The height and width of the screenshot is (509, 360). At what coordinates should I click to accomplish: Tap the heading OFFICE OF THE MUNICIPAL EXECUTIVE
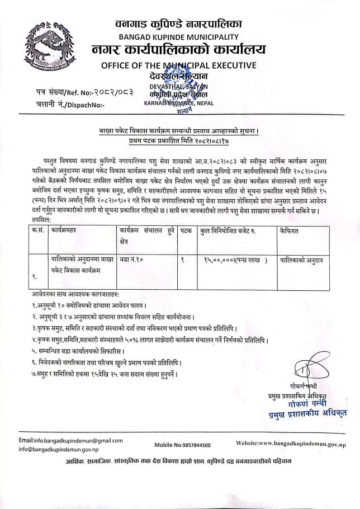point(179,65)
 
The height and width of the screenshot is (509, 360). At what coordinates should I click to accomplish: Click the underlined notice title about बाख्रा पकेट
point(179,132)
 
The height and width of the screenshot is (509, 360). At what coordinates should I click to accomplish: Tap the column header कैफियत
point(292,230)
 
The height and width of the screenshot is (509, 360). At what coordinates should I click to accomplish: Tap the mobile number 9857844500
point(182,445)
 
